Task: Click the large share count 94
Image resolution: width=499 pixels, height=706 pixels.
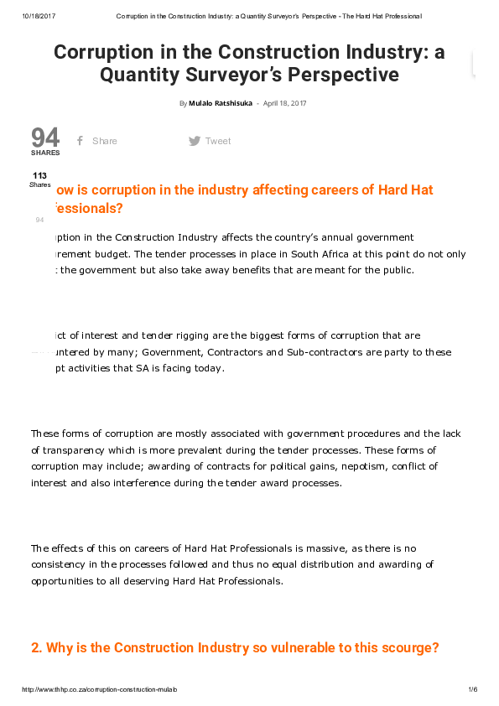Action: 45,138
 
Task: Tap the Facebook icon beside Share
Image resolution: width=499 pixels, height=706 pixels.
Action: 80,141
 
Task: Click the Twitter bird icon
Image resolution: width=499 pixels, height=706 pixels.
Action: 195,141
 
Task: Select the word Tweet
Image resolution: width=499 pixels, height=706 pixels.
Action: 218,141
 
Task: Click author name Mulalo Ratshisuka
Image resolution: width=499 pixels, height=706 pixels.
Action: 221,103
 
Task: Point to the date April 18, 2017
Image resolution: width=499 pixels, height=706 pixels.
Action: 287,103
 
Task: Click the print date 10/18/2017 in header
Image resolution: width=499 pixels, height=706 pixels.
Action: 39,17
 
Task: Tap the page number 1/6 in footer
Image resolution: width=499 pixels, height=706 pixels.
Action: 472,689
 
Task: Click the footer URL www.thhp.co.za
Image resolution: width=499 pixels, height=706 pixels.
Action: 100,689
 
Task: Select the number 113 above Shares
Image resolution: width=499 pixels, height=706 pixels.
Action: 39,175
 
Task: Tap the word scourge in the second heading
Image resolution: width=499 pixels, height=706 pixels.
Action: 409,648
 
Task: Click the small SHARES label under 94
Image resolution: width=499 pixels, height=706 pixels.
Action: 45,153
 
